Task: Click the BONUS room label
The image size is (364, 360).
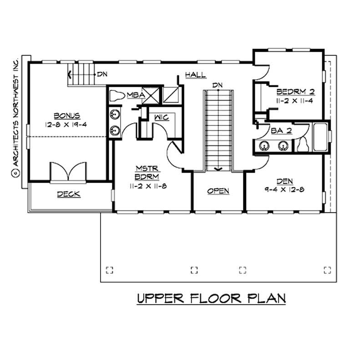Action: [x=67, y=116]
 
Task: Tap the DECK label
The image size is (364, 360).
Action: [x=69, y=195]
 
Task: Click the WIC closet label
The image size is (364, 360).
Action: [x=162, y=118]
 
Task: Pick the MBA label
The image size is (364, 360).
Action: [x=136, y=95]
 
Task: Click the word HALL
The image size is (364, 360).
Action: [x=195, y=75]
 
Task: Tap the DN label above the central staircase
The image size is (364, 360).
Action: [x=217, y=85]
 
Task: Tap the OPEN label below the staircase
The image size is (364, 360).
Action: [x=218, y=191]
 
